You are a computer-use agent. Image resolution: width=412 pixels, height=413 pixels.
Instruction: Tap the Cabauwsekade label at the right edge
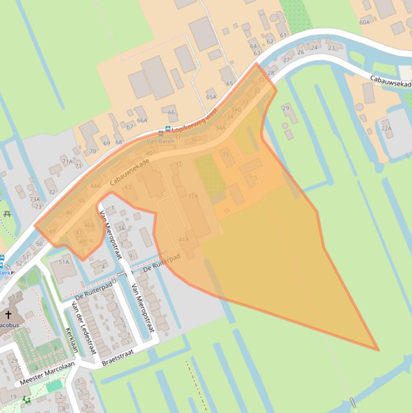click(x=391, y=81)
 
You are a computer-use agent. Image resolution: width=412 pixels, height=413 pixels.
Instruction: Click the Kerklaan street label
click(x=71, y=340)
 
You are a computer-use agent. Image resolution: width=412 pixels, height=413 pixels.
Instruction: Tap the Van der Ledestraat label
click(x=84, y=327)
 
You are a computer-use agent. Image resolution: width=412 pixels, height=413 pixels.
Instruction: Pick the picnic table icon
click(x=7, y=215)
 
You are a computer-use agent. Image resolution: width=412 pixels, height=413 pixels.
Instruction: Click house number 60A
click(x=364, y=22)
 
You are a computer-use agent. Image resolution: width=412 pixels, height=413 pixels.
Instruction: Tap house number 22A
click(x=386, y=129)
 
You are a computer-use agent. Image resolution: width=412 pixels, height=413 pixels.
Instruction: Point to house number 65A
click(x=211, y=97)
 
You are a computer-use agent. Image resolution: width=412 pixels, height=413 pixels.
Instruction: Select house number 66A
click(x=141, y=120)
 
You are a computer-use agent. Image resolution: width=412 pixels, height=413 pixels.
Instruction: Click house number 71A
click(x=67, y=161)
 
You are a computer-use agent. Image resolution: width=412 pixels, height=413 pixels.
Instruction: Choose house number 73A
click(x=34, y=199)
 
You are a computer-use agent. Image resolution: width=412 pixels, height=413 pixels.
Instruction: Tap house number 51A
click(x=64, y=262)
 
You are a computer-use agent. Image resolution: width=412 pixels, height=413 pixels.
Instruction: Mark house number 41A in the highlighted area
click(x=184, y=239)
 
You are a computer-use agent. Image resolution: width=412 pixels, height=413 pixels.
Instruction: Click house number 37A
click(x=193, y=196)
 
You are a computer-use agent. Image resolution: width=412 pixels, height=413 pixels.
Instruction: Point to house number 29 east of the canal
click(x=286, y=108)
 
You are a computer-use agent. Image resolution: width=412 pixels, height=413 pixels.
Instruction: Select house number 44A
click(x=95, y=186)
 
